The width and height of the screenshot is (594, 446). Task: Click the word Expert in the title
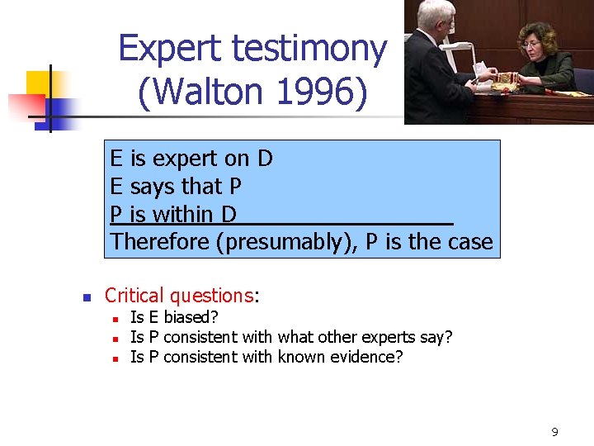pyautogui.click(x=170, y=50)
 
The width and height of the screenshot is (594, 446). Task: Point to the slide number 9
pyautogui.click(x=554, y=432)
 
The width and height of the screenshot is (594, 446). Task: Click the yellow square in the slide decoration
pyautogui.click(x=38, y=83)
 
